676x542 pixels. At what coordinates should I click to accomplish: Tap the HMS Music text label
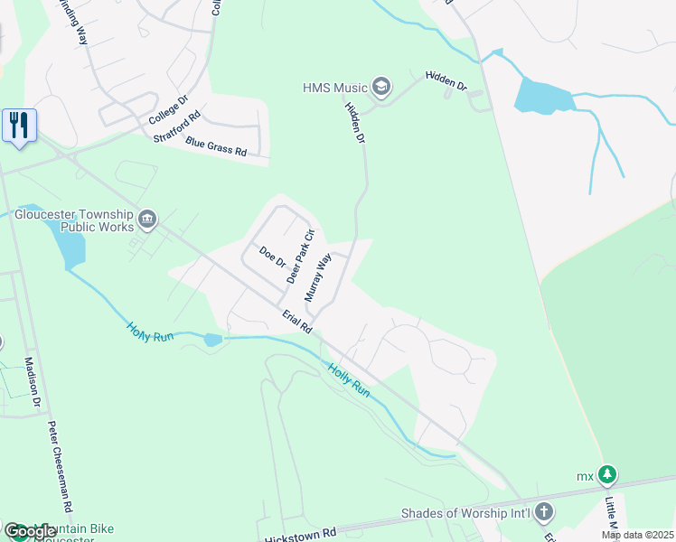tap(335, 88)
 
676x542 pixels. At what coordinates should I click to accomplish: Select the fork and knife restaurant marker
tap(19, 124)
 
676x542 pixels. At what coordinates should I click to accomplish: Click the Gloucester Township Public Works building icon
tap(147, 219)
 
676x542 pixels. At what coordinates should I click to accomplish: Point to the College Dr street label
tap(168, 110)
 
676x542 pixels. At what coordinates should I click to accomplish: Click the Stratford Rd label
tap(176, 126)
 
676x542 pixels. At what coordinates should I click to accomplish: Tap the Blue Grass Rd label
tap(216, 146)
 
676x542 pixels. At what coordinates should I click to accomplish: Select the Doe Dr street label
tap(272, 257)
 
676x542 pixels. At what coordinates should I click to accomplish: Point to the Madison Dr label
tap(33, 382)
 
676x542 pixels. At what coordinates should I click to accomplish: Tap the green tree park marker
tap(608, 474)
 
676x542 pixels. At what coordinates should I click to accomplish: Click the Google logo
tap(30, 531)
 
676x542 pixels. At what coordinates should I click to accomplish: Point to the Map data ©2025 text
tap(637, 535)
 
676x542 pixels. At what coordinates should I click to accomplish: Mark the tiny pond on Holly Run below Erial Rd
tap(212, 340)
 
